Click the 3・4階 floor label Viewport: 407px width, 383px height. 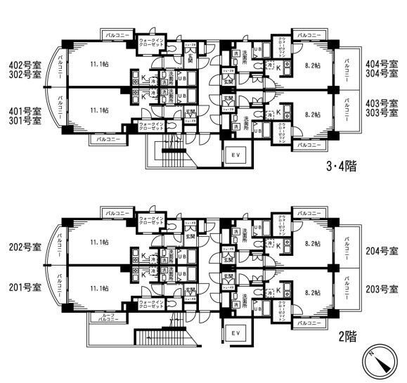pyautogui.click(x=341, y=167)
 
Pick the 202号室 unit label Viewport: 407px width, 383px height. pyautogui.click(x=23, y=247)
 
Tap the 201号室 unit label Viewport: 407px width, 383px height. pyautogui.click(x=23, y=287)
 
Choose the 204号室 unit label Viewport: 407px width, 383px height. pyautogui.click(x=383, y=251)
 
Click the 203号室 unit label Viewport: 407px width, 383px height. pyautogui.click(x=383, y=288)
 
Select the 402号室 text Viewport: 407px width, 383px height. pyautogui.click(x=23, y=63)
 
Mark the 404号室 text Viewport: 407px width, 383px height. pyautogui.click(x=383, y=63)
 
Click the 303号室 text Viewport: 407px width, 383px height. pyautogui.click(x=383, y=112)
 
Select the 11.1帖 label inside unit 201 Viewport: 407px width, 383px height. pyautogui.click(x=99, y=287)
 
